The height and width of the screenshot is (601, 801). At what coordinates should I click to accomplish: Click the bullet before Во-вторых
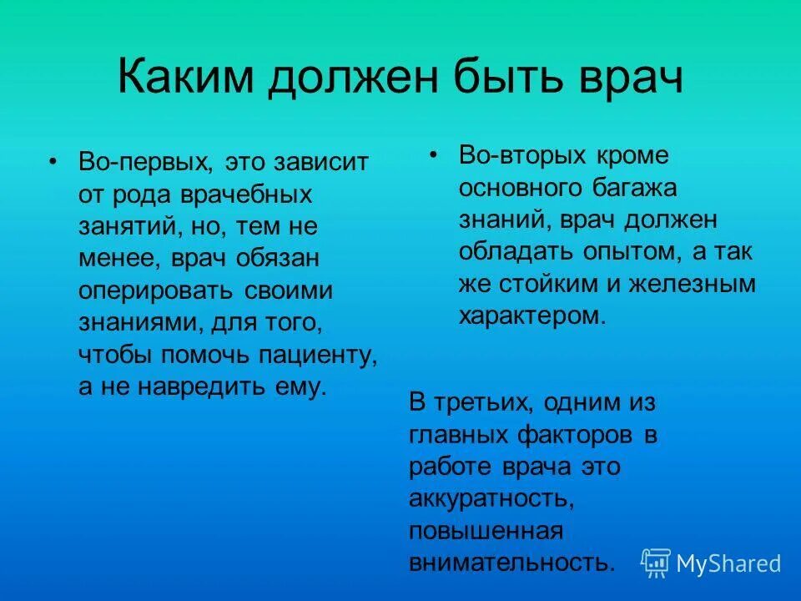432,155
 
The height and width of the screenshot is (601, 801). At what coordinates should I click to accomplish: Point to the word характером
529,316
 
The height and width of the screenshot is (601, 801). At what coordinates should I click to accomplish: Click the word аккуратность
491,498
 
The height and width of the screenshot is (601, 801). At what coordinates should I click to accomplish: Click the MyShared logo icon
656,563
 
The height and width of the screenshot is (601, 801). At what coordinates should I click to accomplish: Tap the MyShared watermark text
728,563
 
